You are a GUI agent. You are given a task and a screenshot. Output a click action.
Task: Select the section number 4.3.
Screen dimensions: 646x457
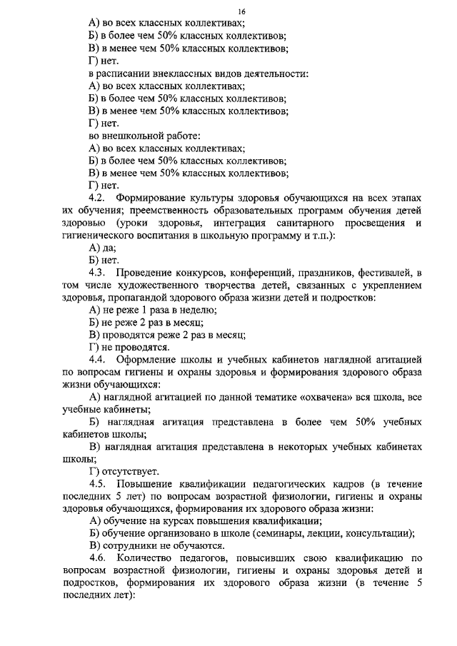[x=98, y=273]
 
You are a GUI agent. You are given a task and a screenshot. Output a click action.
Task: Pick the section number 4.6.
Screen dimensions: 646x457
[x=98, y=557]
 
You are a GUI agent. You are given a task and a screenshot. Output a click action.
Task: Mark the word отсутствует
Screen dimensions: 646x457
[x=129, y=471]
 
